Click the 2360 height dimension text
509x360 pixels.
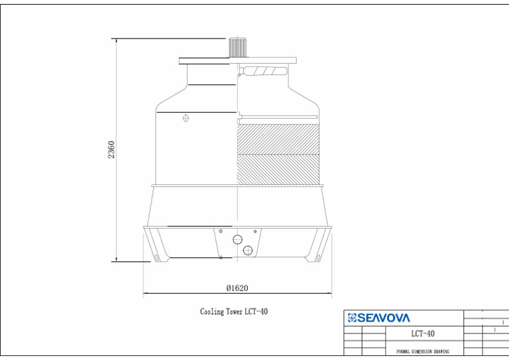pyautogui.click(x=111, y=149)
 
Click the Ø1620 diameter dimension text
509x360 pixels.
pyautogui.click(x=237, y=288)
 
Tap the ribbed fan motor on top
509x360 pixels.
pyautogui.click(x=237, y=48)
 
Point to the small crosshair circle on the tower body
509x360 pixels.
pyautogui.click(x=186, y=119)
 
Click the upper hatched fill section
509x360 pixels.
pyautogui.click(x=278, y=139)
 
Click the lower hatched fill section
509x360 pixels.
pyautogui.click(x=278, y=170)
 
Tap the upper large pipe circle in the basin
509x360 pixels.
pyautogui.click(x=237, y=239)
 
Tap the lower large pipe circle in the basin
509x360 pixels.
pyautogui.click(x=248, y=250)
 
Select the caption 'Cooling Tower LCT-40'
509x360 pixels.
pyautogui.click(x=234, y=312)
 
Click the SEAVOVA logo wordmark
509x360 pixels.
pyautogui.click(x=384, y=318)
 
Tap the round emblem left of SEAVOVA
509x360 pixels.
pyautogui.click(x=352, y=318)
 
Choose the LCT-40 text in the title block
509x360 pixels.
pyautogui.click(x=423, y=333)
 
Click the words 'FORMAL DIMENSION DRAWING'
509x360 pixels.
pyautogui.click(x=422, y=351)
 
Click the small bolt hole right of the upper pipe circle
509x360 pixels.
pyautogui.click(x=254, y=231)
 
